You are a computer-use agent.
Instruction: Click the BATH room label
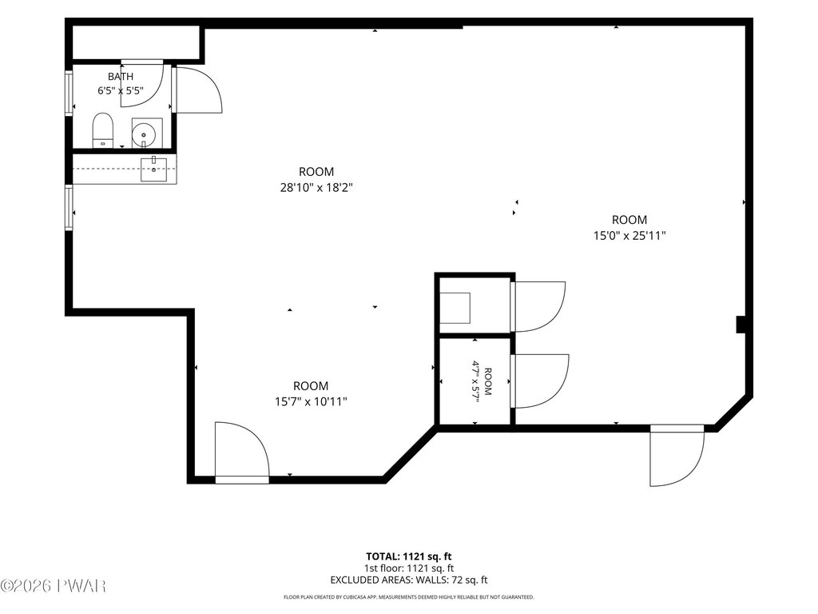coord(121,77)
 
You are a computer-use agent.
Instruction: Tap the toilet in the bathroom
coord(103,130)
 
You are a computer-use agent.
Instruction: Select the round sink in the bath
coord(144,135)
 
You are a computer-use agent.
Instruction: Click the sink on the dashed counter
coord(153,169)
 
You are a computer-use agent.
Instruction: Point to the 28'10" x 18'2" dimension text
coord(316,187)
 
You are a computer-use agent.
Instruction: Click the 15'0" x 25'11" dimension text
coord(629,236)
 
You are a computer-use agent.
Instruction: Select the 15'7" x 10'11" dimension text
coord(311,401)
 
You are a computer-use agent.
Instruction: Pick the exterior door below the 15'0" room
coord(677,455)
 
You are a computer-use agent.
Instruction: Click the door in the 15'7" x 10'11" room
coord(242,453)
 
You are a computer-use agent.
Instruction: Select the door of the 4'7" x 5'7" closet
coord(539,381)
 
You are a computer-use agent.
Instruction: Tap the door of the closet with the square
coord(538,306)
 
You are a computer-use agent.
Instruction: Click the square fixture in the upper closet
coord(455,308)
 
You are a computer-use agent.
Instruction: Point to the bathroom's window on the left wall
coord(69,93)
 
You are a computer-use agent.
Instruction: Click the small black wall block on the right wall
coord(741,325)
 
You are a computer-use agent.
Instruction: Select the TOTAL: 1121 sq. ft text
coord(408,556)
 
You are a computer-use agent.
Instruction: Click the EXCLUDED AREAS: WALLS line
coord(409,580)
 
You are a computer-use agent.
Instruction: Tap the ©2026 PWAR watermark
coord(54,586)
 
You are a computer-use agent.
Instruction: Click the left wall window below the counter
coord(69,207)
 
